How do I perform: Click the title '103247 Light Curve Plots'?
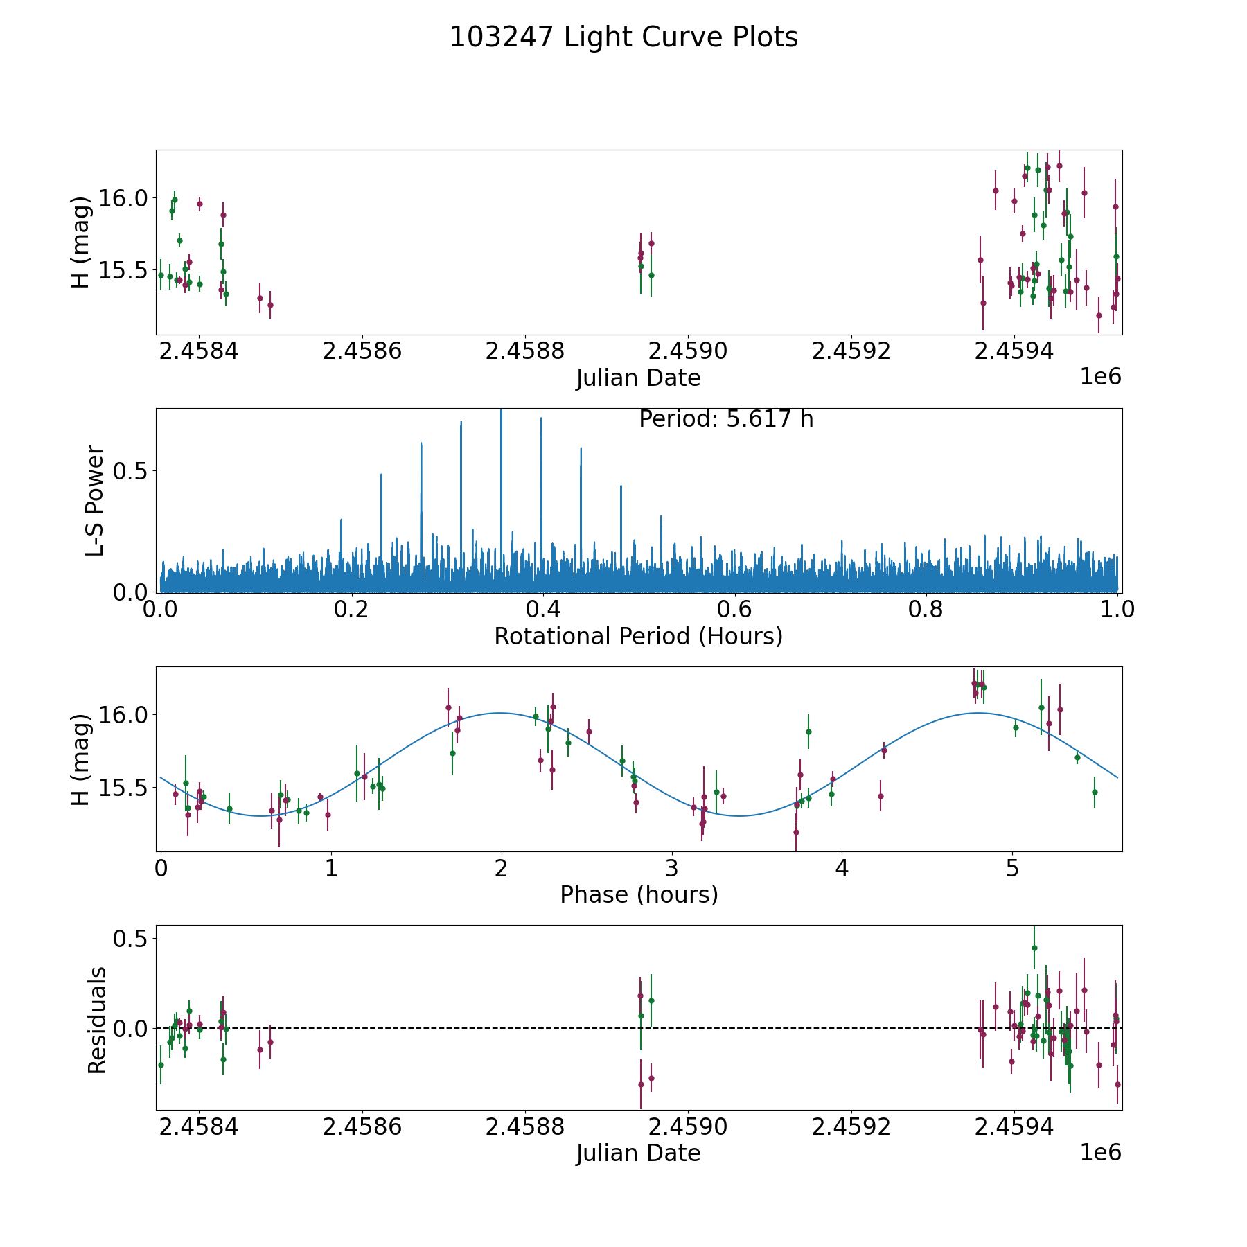pyautogui.click(x=623, y=37)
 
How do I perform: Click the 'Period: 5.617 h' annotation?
pyautogui.click(x=726, y=419)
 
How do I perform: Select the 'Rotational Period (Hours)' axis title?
pyautogui.click(x=638, y=636)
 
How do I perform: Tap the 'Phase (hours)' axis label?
pyautogui.click(x=638, y=894)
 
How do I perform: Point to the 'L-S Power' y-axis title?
pyautogui.click(x=95, y=500)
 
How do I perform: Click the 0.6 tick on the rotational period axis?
pyautogui.click(x=734, y=610)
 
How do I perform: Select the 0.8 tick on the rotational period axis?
pyautogui.click(x=926, y=610)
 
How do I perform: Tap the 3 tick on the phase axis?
pyautogui.click(x=671, y=868)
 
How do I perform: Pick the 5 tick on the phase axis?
pyautogui.click(x=1012, y=868)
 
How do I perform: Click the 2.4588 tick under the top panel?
pyautogui.click(x=525, y=351)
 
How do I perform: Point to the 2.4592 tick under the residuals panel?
pyautogui.click(x=851, y=1127)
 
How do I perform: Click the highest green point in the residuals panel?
pyautogui.click(x=1034, y=948)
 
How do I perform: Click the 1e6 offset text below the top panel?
pyautogui.click(x=1100, y=377)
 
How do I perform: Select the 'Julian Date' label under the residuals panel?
pyautogui.click(x=638, y=1153)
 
